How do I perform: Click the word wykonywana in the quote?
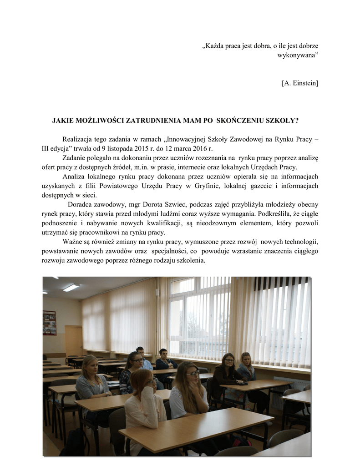pos(296,55)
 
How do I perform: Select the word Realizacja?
pos(78,139)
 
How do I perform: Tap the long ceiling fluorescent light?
pos(71,288)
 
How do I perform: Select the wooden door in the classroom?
pos(73,340)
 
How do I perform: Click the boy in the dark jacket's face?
pos(163,354)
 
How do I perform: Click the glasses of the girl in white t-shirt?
pos(193,373)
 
